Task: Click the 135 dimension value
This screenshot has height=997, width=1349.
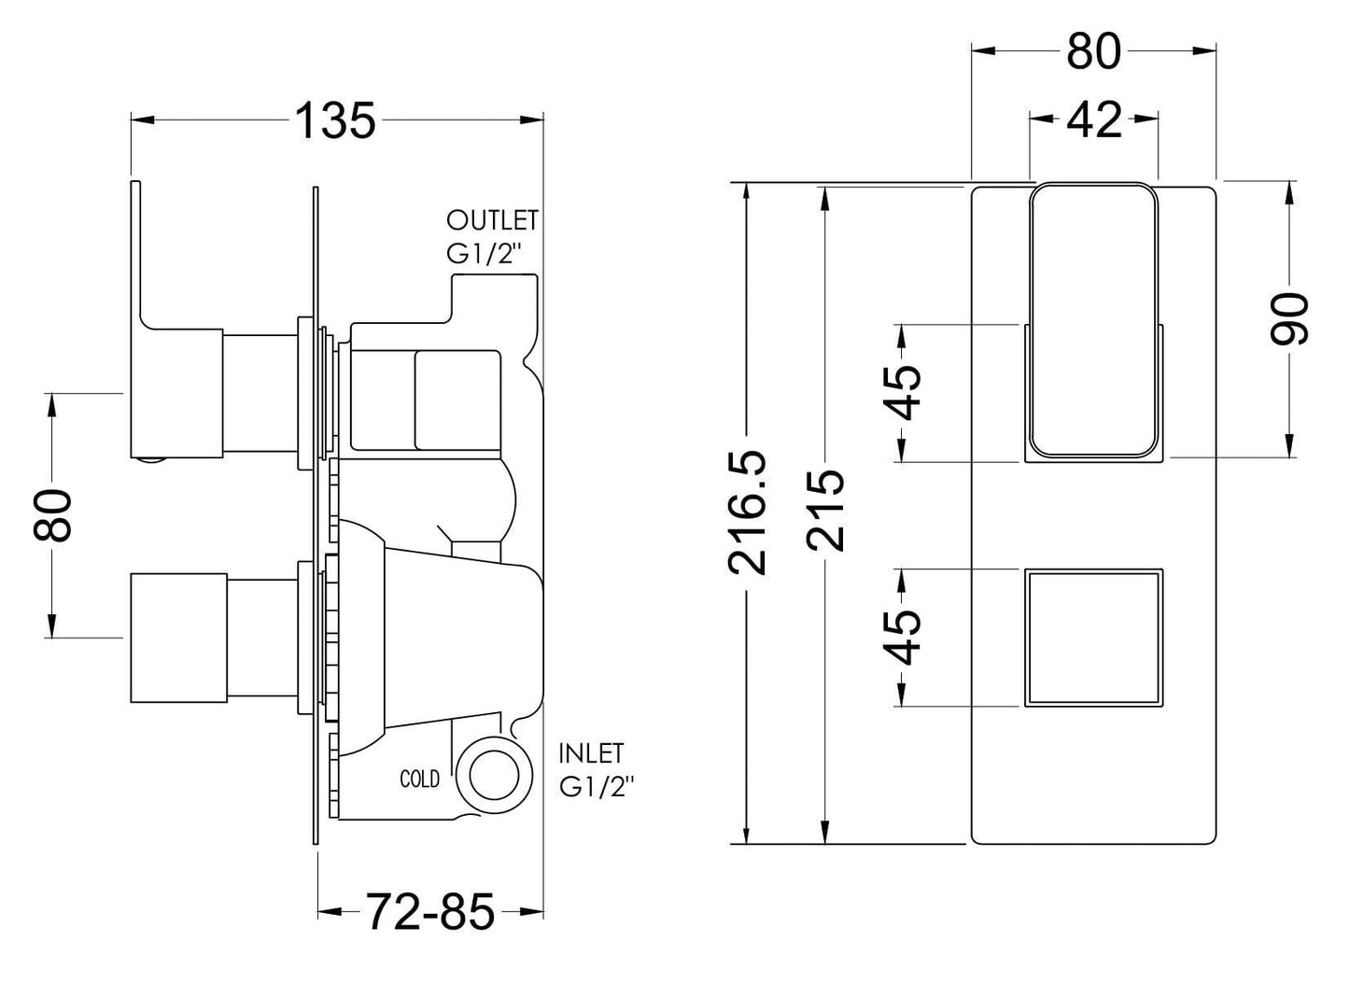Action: (x=336, y=120)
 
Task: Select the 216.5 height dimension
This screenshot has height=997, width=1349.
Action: (x=748, y=513)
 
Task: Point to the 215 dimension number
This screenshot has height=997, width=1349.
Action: (x=825, y=510)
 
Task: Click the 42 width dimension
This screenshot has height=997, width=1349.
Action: (x=1093, y=119)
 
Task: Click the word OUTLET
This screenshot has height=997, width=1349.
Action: (x=492, y=220)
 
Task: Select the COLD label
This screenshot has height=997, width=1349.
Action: (x=420, y=779)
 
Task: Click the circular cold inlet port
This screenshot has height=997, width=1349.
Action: (x=494, y=778)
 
